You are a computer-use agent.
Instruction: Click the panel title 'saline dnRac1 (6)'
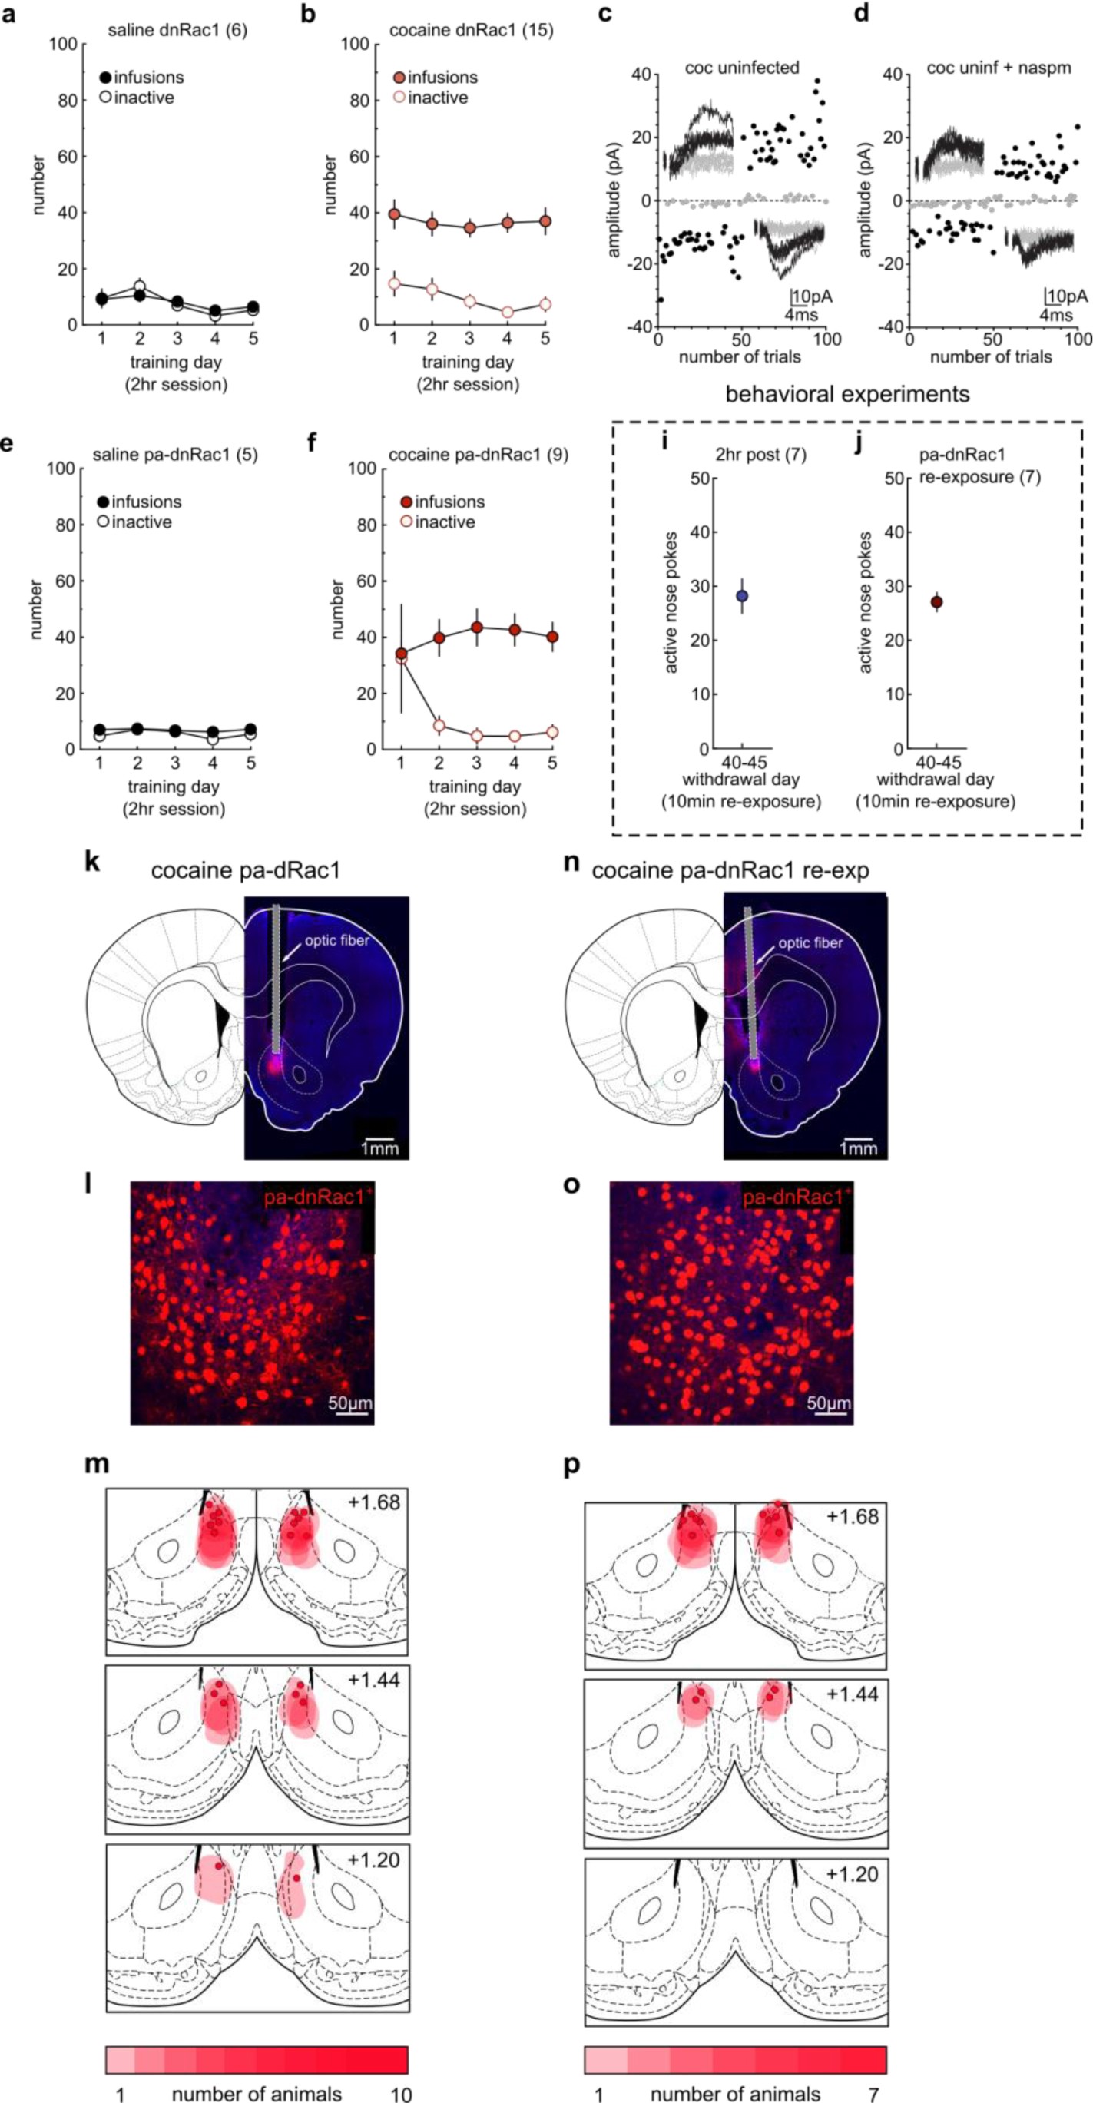tap(177, 31)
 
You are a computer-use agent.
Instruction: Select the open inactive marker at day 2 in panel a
tap(140, 286)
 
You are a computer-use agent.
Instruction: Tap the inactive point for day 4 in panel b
tap(508, 312)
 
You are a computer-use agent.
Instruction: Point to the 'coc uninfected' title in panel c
tap(741, 68)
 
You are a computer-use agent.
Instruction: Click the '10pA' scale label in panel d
tap(1068, 296)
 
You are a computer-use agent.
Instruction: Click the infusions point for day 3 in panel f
tap(477, 628)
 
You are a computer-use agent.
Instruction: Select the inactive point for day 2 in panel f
tap(439, 725)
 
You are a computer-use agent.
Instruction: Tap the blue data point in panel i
tap(742, 596)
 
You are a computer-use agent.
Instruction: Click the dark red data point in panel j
tap(936, 602)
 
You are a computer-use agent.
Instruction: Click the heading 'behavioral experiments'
tap(847, 394)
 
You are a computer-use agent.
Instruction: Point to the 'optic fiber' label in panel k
tap(337, 940)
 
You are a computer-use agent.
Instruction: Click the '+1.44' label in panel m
tap(373, 1680)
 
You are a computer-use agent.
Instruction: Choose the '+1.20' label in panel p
tap(852, 1873)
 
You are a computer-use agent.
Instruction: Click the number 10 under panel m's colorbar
tap(401, 2094)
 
